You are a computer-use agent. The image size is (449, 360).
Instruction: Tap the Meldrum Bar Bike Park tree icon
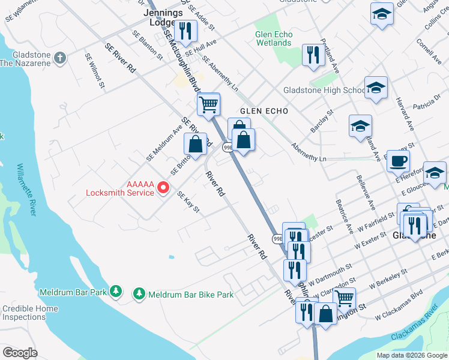139,293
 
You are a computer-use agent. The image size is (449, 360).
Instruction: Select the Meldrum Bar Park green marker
116,292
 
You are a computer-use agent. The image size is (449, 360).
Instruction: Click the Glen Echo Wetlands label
274,38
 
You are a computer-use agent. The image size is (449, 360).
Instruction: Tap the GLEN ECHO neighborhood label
264,112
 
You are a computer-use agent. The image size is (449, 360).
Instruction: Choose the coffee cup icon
398,160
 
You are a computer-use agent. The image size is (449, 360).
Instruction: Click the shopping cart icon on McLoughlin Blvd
208,104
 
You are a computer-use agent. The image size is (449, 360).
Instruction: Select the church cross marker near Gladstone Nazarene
59,58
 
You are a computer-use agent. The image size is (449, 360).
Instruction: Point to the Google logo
20,352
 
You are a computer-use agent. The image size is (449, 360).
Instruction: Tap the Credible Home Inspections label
30,313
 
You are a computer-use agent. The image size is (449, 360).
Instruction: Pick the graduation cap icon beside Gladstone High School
376,89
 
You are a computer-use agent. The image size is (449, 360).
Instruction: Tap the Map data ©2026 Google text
411,355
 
